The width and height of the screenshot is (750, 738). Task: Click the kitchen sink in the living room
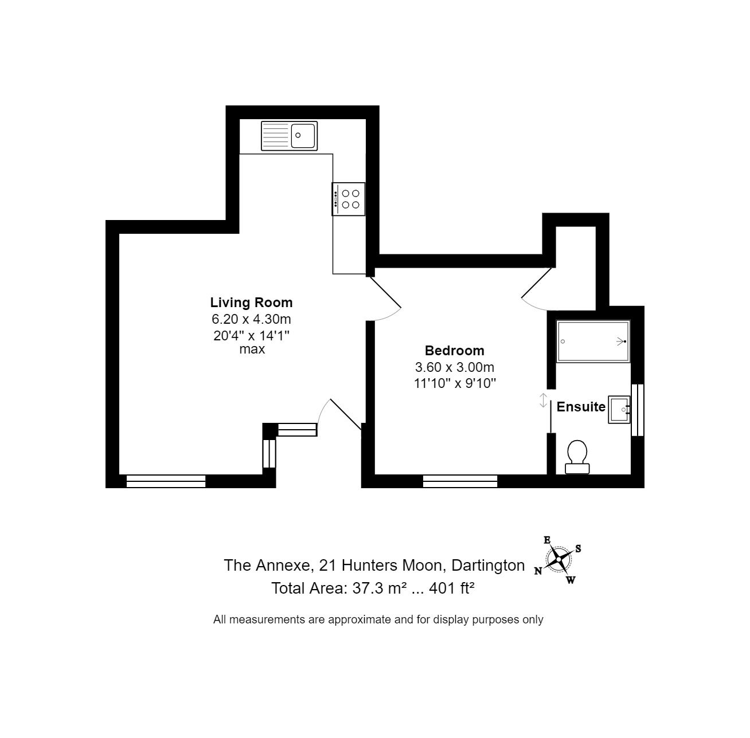pyautogui.click(x=289, y=136)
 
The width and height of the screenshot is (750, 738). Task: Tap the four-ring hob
pyautogui.click(x=349, y=199)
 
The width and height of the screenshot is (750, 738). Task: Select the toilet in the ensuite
pyautogui.click(x=577, y=457)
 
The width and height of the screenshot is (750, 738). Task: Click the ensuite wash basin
pyautogui.click(x=619, y=410)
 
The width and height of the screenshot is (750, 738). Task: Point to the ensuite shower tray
pyautogui.click(x=593, y=341)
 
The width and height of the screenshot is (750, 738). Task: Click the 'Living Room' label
pyautogui.click(x=251, y=303)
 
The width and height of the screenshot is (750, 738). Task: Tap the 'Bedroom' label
pyautogui.click(x=455, y=351)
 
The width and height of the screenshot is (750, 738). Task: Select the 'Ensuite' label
pyautogui.click(x=581, y=407)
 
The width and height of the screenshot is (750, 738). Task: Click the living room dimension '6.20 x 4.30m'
pyautogui.click(x=251, y=319)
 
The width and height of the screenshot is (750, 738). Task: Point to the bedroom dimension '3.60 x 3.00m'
pyautogui.click(x=455, y=367)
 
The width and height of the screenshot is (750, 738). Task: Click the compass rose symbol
pyautogui.click(x=558, y=559)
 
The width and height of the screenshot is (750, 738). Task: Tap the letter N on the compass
pyautogui.click(x=538, y=571)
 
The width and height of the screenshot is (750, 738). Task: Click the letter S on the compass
pyautogui.click(x=579, y=548)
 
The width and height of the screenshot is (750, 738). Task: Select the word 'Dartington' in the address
pyautogui.click(x=488, y=566)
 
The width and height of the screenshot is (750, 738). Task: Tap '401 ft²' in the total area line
pyautogui.click(x=451, y=588)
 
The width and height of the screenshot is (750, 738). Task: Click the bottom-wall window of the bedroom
pyautogui.click(x=460, y=481)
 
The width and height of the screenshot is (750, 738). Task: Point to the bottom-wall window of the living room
pyautogui.click(x=166, y=481)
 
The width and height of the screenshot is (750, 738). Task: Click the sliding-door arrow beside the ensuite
pyautogui.click(x=543, y=401)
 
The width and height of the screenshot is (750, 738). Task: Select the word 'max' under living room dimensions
pyautogui.click(x=252, y=350)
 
